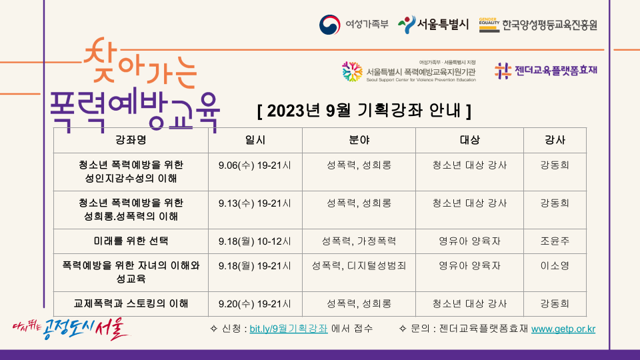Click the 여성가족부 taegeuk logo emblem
pos(330,25)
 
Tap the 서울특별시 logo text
pos(443,25)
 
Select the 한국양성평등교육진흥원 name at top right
pos(549,25)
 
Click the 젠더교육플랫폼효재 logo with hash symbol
pos(546,71)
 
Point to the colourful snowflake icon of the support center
pos(352,72)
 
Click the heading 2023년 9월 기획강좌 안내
pos(364,111)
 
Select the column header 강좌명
pos(131,140)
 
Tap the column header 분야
pos(359,140)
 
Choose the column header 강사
pos(555,140)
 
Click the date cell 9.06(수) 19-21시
pos(255,165)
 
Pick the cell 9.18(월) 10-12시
pos(255,241)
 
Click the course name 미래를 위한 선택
pos(131,241)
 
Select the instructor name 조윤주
pos(555,241)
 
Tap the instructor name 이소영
pos(555,266)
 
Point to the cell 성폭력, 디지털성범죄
pos(359,266)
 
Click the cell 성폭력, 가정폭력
pos(359,241)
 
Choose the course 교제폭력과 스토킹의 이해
pos(131,304)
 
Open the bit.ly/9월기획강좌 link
pos(289,329)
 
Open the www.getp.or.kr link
pos(563,329)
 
